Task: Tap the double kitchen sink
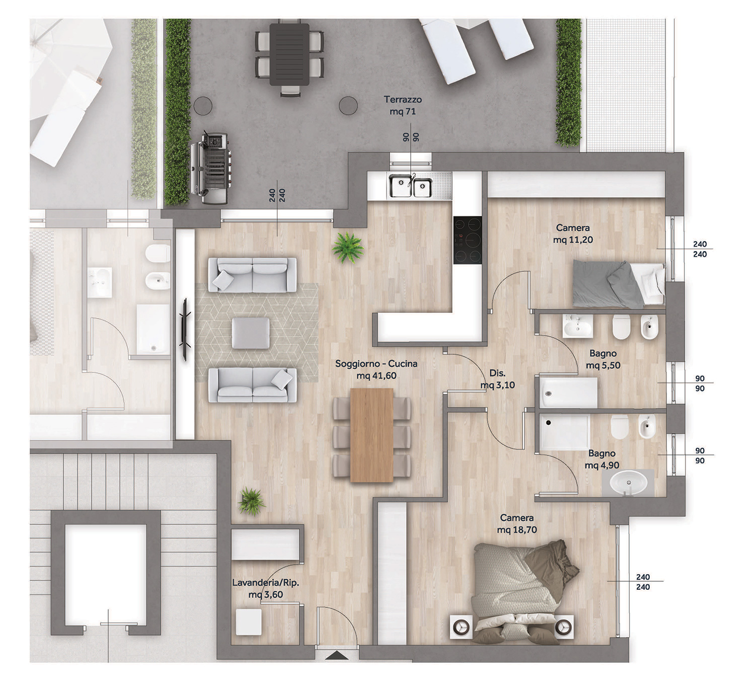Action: click(x=410, y=186)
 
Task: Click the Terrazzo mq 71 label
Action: click(x=403, y=105)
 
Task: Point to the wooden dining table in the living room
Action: click(x=372, y=435)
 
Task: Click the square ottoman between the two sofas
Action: click(x=251, y=333)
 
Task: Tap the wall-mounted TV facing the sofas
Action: click(x=185, y=330)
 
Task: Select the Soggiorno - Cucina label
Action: click(x=376, y=369)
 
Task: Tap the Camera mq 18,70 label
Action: click(x=516, y=523)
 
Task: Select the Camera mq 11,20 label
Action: click(x=572, y=234)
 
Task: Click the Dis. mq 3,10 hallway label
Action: click(x=497, y=379)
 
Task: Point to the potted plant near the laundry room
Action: click(x=251, y=501)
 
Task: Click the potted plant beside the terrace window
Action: click(x=347, y=248)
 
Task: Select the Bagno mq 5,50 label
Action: click(x=603, y=359)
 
